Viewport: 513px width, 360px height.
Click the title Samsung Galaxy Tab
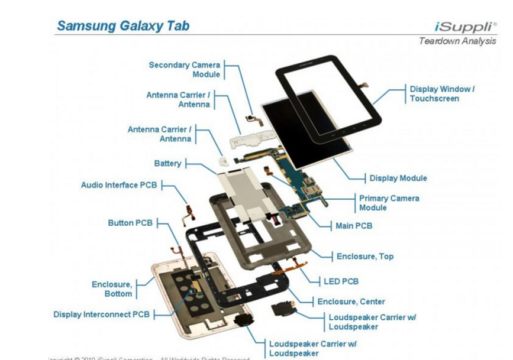(x=123, y=26)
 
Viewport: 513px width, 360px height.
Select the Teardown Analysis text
(x=457, y=41)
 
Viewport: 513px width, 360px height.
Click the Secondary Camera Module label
(x=184, y=70)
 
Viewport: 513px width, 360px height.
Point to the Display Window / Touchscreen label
(x=442, y=93)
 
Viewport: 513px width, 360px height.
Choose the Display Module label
(x=398, y=178)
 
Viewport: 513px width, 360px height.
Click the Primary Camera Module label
(x=389, y=203)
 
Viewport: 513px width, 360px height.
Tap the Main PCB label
(x=353, y=226)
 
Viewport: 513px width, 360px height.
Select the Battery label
(x=167, y=163)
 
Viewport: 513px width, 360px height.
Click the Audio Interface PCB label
(x=119, y=185)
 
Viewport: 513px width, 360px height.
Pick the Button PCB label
(x=130, y=223)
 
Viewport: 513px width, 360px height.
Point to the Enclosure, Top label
(x=364, y=257)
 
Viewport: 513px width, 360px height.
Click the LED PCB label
(x=341, y=281)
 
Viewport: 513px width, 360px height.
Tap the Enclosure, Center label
(x=351, y=301)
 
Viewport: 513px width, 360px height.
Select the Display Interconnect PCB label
(x=101, y=314)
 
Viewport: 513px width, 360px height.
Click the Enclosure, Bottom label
(x=112, y=289)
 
